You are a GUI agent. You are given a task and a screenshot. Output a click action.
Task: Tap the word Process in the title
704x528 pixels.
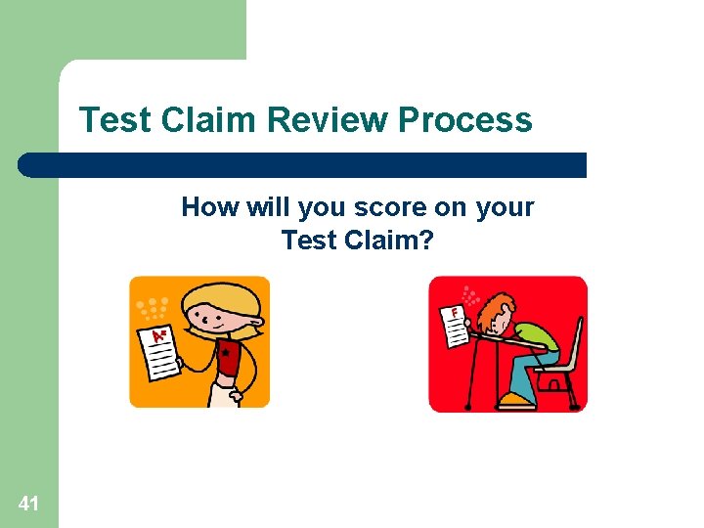point(465,120)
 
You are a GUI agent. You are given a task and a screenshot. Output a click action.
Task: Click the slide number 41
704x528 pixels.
point(28,504)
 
